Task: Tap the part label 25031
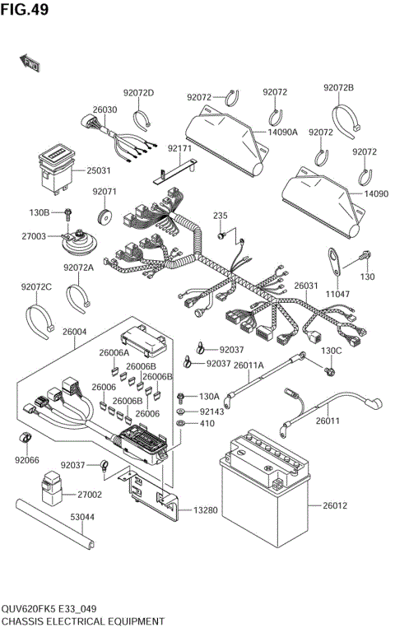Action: (x=99, y=170)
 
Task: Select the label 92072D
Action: (x=138, y=92)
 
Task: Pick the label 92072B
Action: (x=338, y=87)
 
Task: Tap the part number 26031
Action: (x=305, y=286)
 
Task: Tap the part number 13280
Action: (x=206, y=510)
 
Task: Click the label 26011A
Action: (x=249, y=365)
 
